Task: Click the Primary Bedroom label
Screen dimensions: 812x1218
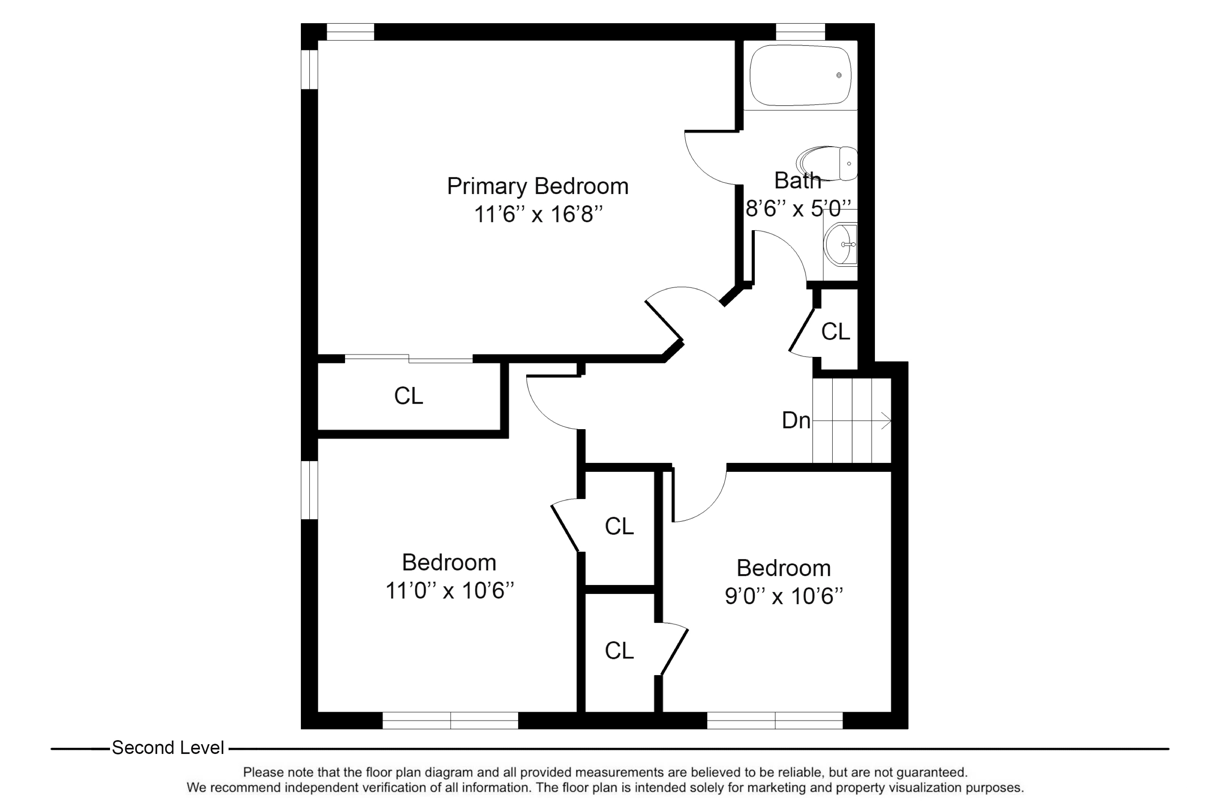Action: (x=537, y=186)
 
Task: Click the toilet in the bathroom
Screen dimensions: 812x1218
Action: (x=827, y=163)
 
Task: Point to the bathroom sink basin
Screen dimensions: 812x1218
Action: (x=840, y=244)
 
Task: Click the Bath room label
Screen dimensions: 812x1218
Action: (x=797, y=181)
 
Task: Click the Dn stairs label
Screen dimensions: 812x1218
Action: (x=795, y=421)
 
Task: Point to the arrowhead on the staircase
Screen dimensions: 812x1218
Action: (x=887, y=421)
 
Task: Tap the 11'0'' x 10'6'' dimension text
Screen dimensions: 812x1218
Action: (x=449, y=591)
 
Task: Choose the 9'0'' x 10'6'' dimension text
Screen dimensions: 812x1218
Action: (x=783, y=596)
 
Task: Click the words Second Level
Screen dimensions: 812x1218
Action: (x=168, y=748)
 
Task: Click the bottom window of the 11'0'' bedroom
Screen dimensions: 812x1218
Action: (x=450, y=720)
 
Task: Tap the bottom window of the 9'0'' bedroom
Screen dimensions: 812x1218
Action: (x=775, y=720)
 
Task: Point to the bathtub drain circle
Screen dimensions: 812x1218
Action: (x=839, y=75)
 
